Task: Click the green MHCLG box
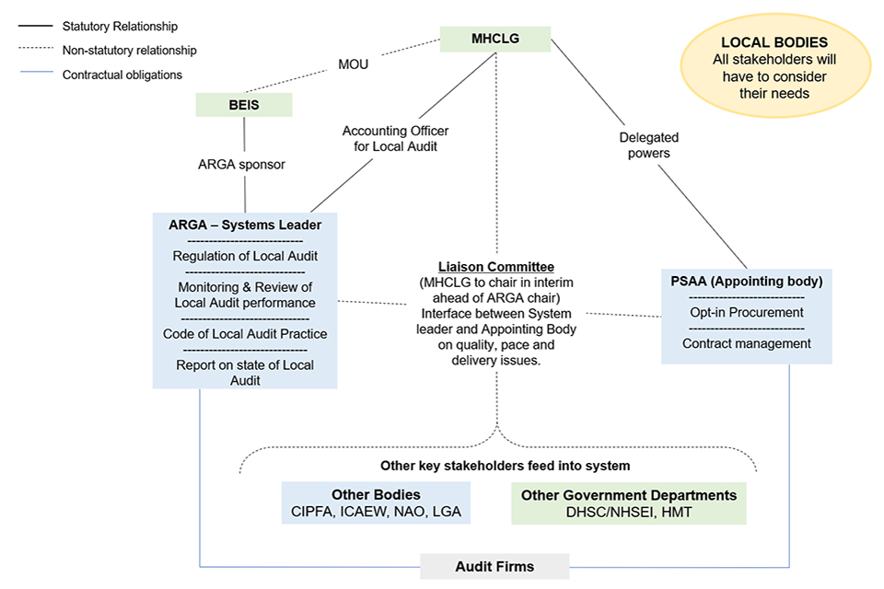[495, 39]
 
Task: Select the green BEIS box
[244, 105]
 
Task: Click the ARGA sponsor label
[242, 165]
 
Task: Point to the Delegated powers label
[648, 145]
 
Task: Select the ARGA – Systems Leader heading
[245, 225]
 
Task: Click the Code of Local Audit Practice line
[245, 333]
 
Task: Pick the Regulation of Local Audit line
[245, 256]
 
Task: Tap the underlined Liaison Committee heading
[495, 267]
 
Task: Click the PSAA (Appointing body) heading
[746, 281]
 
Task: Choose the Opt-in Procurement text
[746, 312]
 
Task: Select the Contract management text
[746, 343]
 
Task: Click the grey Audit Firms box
[495, 566]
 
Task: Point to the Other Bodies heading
[376, 495]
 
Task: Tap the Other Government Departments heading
[629, 495]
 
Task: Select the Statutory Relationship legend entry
[120, 27]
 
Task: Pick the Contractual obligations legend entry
[122, 75]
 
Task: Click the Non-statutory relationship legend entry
[129, 51]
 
